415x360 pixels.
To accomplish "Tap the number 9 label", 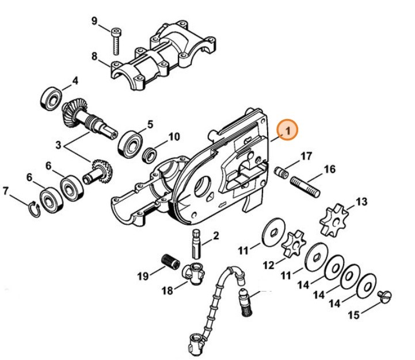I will pyautogui.click(x=95, y=22).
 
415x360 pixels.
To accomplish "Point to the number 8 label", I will pyautogui.click(x=95, y=56).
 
